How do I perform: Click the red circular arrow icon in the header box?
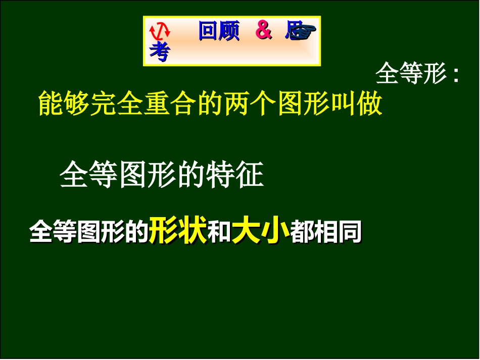160,31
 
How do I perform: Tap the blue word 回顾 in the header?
219,31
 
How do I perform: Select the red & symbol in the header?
263,31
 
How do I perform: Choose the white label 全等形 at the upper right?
411,75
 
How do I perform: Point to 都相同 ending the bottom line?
326,233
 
